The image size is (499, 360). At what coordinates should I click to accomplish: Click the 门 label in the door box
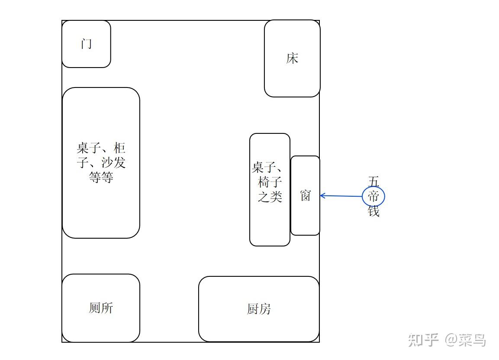click(87, 44)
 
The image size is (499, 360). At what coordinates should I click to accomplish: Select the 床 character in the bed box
click(292, 58)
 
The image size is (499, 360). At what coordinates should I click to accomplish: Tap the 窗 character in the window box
click(306, 195)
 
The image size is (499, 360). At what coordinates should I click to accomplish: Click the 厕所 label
click(101, 308)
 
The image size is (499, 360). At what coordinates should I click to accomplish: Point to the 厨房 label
click(259, 309)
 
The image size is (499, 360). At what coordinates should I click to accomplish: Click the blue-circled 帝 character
click(373, 197)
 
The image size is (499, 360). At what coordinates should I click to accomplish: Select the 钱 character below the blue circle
click(373, 211)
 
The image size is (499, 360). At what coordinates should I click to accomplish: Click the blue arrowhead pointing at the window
click(323, 196)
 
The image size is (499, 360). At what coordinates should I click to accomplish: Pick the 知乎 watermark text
click(424, 340)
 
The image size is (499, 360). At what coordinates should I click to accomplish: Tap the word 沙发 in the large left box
click(113, 163)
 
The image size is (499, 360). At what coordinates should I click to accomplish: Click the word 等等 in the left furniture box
click(101, 177)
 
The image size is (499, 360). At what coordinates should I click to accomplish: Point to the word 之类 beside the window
click(270, 197)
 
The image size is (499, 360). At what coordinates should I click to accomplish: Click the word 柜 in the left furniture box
click(120, 149)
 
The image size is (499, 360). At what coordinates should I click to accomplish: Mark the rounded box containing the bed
click(292, 80)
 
